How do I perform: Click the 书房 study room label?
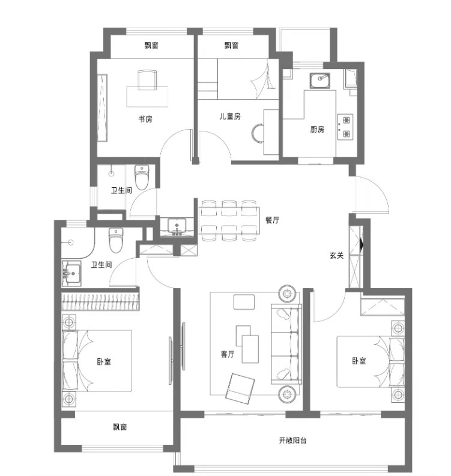(x=145, y=119)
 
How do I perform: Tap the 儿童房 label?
(x=230, y=116)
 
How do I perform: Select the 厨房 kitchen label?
(x=317, y=129)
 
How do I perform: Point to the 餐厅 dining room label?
(x=272, y=220)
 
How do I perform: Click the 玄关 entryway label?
(x=336, y=255)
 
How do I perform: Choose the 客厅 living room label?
(x=228, y=354)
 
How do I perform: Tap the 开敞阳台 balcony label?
(x=292, y=440)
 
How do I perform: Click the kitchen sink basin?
(x=320, y=80)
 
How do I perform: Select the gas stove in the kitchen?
(x=345, y=127)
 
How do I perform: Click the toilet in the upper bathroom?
(x=142, y=177)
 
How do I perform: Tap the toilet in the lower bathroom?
(x=116, y=241)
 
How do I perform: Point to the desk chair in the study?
(x=147, y=80)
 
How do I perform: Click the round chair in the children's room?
(x=258, y=133)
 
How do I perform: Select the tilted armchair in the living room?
(x=240, y=388)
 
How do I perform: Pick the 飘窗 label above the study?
(x=151, y=46)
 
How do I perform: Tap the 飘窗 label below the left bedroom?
(x=120, y=427)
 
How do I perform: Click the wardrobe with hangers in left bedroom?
(x=100, y=301)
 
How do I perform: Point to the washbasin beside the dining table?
(x=177, y=226)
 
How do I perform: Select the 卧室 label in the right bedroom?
(x=359, y=361)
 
